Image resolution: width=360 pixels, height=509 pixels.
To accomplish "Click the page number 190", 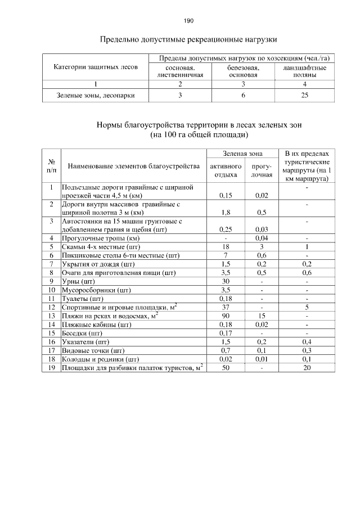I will [188, 21].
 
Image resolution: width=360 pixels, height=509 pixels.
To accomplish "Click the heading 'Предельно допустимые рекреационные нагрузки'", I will [188, 40].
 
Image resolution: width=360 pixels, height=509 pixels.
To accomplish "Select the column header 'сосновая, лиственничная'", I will [180, 71].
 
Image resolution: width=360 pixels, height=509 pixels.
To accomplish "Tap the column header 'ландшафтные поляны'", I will [304, 71].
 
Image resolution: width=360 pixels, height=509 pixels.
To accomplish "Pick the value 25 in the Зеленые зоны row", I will [304, 96].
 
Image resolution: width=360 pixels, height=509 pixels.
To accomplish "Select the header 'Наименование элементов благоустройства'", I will [133, 166].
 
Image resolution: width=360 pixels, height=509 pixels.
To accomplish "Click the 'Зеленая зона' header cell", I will [242, 153].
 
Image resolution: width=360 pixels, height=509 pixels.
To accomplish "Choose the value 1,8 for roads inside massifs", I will [225, 213].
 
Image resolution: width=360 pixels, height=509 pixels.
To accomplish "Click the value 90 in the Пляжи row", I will [225, 317].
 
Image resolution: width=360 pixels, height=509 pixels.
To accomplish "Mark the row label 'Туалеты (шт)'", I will [82, 298].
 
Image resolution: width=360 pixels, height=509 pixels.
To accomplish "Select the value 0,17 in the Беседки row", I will [225, 334].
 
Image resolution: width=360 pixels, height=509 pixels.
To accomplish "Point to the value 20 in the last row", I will [307, 368].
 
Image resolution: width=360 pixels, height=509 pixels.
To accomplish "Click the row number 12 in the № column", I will [51, 307].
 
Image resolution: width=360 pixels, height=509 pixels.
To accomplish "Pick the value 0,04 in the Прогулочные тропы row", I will [262, 238].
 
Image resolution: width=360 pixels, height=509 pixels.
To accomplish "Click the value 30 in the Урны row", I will [225, 281].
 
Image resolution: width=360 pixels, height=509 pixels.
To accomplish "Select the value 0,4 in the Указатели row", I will [307, 342].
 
